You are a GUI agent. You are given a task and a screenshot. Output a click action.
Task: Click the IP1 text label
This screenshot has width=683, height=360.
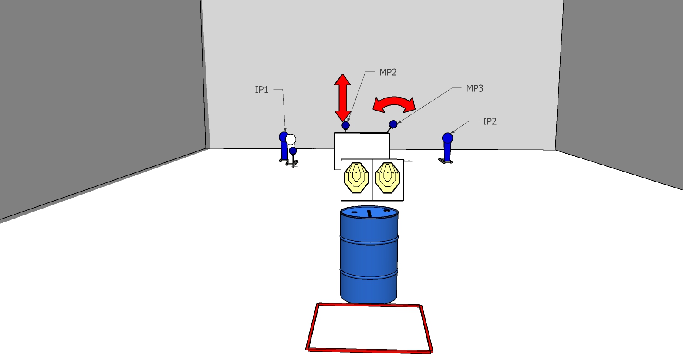261,90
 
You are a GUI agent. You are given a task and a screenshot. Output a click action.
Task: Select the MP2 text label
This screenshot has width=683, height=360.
388,73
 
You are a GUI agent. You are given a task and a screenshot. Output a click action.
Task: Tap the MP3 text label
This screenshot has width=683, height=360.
474,89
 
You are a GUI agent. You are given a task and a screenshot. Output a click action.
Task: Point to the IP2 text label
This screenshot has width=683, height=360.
490,122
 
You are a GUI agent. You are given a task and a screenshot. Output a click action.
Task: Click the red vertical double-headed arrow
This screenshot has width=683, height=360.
343,98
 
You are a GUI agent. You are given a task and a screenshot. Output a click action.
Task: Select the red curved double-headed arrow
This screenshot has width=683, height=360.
394,104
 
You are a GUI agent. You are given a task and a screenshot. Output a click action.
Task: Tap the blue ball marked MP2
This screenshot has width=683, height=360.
346,125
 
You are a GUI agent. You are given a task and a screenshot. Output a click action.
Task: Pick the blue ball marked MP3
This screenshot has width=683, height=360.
393,124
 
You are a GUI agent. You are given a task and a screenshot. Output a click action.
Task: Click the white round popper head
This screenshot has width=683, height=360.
291,140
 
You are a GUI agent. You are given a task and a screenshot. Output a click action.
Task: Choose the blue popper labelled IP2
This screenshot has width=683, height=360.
447,146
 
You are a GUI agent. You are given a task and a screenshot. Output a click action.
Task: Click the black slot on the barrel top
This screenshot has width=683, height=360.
369,213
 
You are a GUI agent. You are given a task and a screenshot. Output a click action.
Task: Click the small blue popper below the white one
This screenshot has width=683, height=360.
293,151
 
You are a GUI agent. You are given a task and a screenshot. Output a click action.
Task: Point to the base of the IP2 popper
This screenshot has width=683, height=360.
445,161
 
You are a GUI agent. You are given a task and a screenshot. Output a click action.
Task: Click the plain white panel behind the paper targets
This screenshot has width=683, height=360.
362,146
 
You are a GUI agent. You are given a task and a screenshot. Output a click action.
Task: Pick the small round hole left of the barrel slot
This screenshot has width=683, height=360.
354,213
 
